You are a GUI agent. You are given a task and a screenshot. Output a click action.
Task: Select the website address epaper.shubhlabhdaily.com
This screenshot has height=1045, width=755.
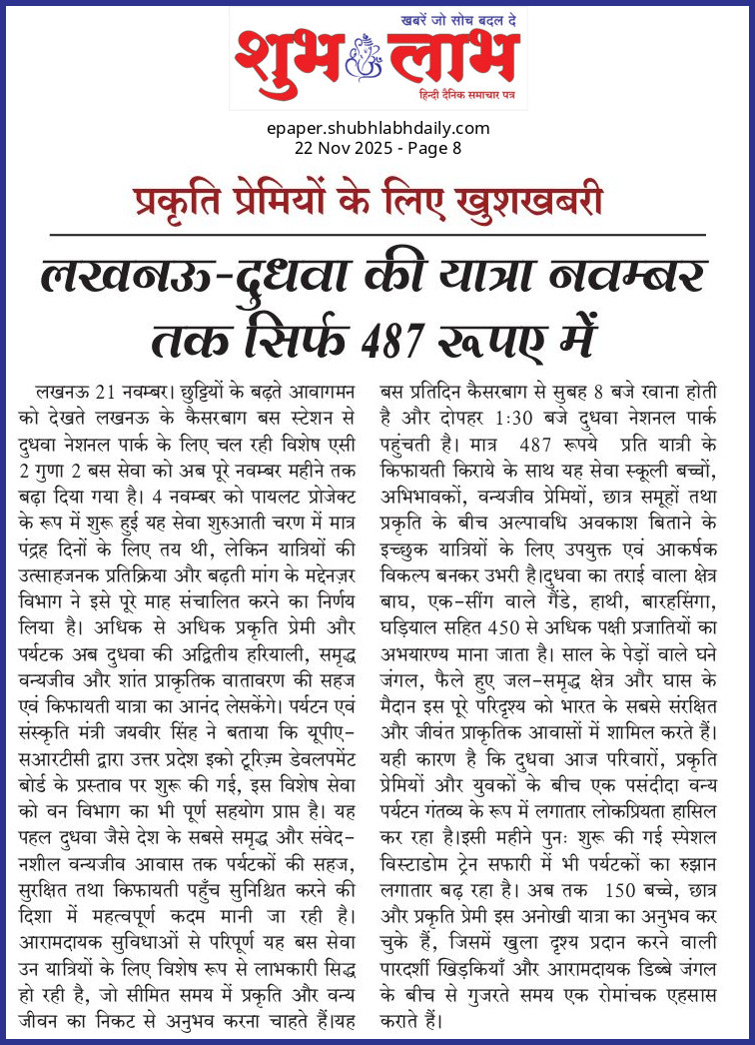coord(377,128)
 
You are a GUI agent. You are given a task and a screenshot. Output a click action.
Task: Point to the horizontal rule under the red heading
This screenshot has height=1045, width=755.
coord(377,234)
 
